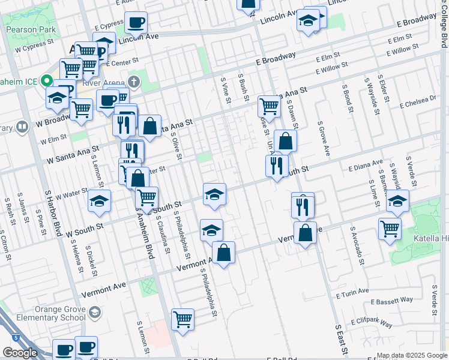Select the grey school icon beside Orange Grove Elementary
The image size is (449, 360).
point(95,312)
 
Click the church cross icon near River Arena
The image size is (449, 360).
point(134,81)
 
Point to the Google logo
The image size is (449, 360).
point(19,353)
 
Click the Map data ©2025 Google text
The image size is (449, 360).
point(412,355)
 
